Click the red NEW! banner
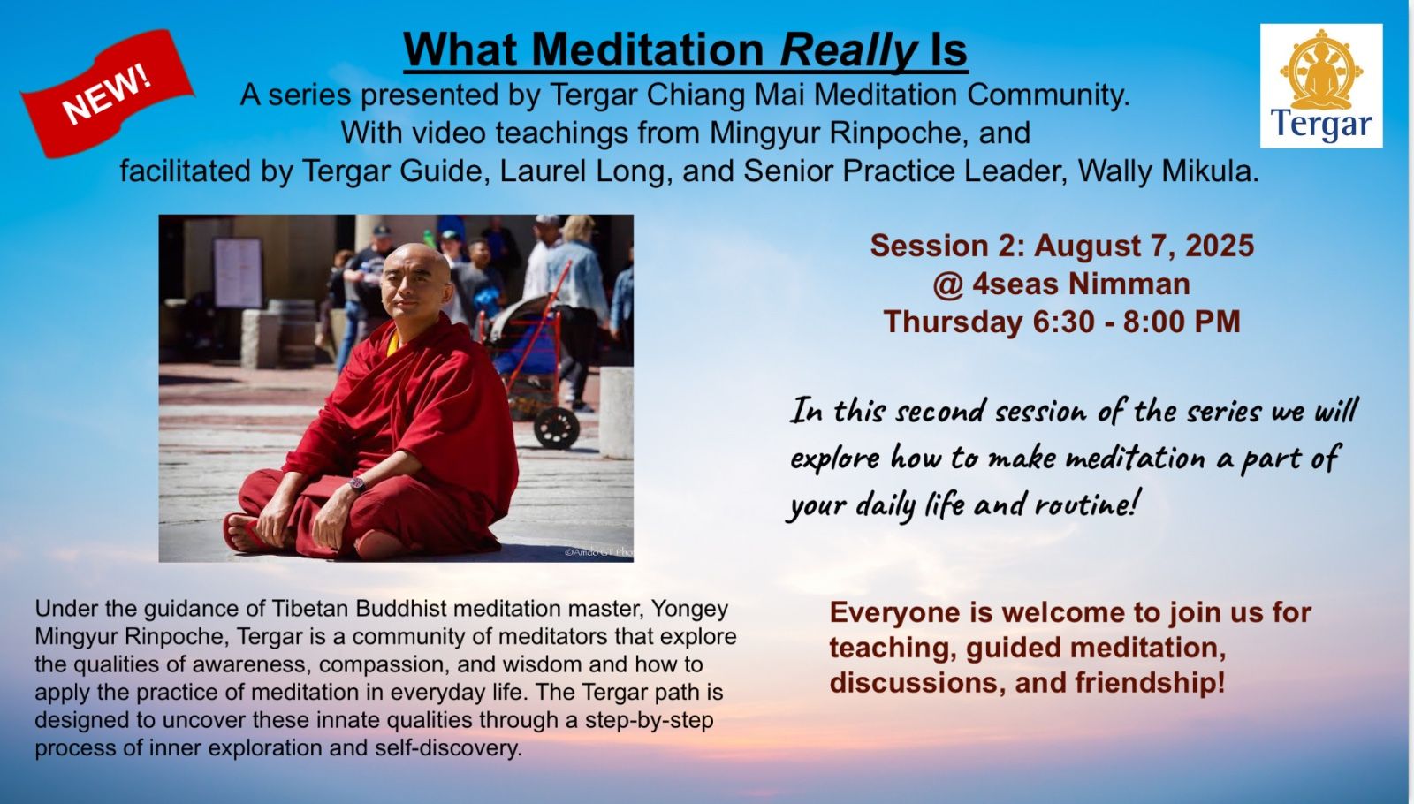pyautogui.click(x=107, y=94)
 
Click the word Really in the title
pyautogui.click(x=848, y=49)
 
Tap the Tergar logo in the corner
pyautogui.click(x=1321, y=86)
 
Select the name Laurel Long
pyautogui.click(x=582, y=171)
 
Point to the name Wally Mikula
pyautogui.click(x=1167, y=171)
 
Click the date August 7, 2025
pyautogui.click(x=1144, y=247)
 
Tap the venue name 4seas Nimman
pyautogui.click(x=1082, y=284)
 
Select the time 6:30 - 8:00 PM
pyautogui.click(x=1137, y=322)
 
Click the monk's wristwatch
pyautogui.click(x=357, y=484)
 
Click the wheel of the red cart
pyautogui.click(x=556, y=428)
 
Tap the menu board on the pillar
pyautogui.click(x=238, y=273)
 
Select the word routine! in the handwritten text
pyautogui.click(x=1086, y=504)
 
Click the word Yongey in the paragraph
pyautogui.click(x=690, y=610)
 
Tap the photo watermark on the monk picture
pyautogui.click(x=598, y=552)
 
